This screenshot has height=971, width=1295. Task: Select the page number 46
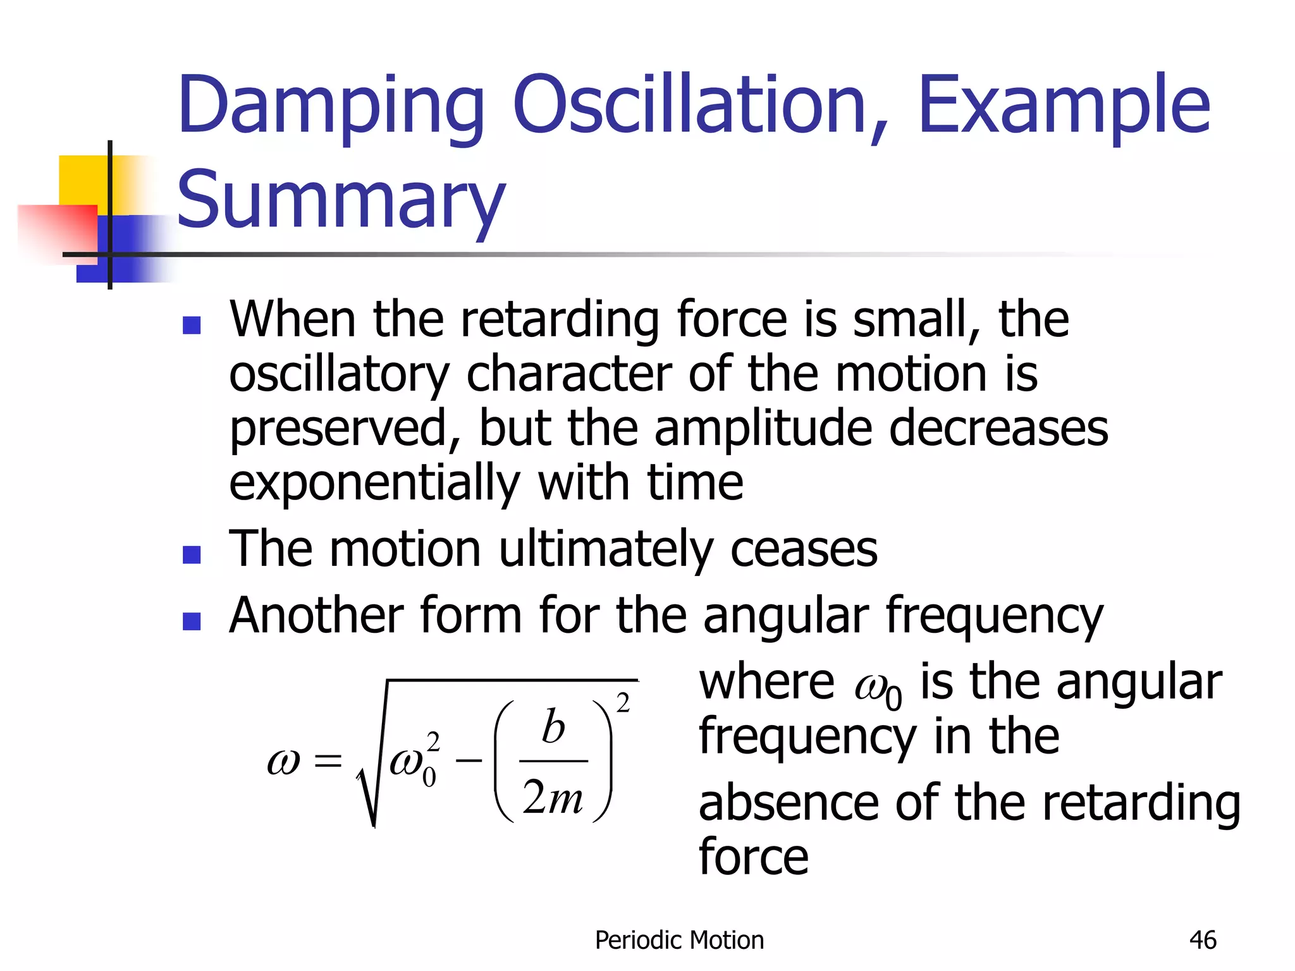click(1202, 940)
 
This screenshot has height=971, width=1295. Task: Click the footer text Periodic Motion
click(679, 940)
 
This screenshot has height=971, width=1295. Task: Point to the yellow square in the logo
click(82, 180)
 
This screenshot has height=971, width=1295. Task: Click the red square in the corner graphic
click(57, 231)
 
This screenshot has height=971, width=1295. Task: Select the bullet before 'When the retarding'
click(191, 325)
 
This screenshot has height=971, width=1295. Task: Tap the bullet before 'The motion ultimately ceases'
click(191, 554)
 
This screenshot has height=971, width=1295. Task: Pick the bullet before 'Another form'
click(191, 621)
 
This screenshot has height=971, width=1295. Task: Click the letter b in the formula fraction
click(553, 727)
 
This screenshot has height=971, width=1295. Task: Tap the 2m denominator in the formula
click(553, 798)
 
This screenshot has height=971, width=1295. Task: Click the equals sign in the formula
click(328, 760)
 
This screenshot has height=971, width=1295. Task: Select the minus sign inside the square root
click(469, 760)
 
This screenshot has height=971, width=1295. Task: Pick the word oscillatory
click(339, 374)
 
